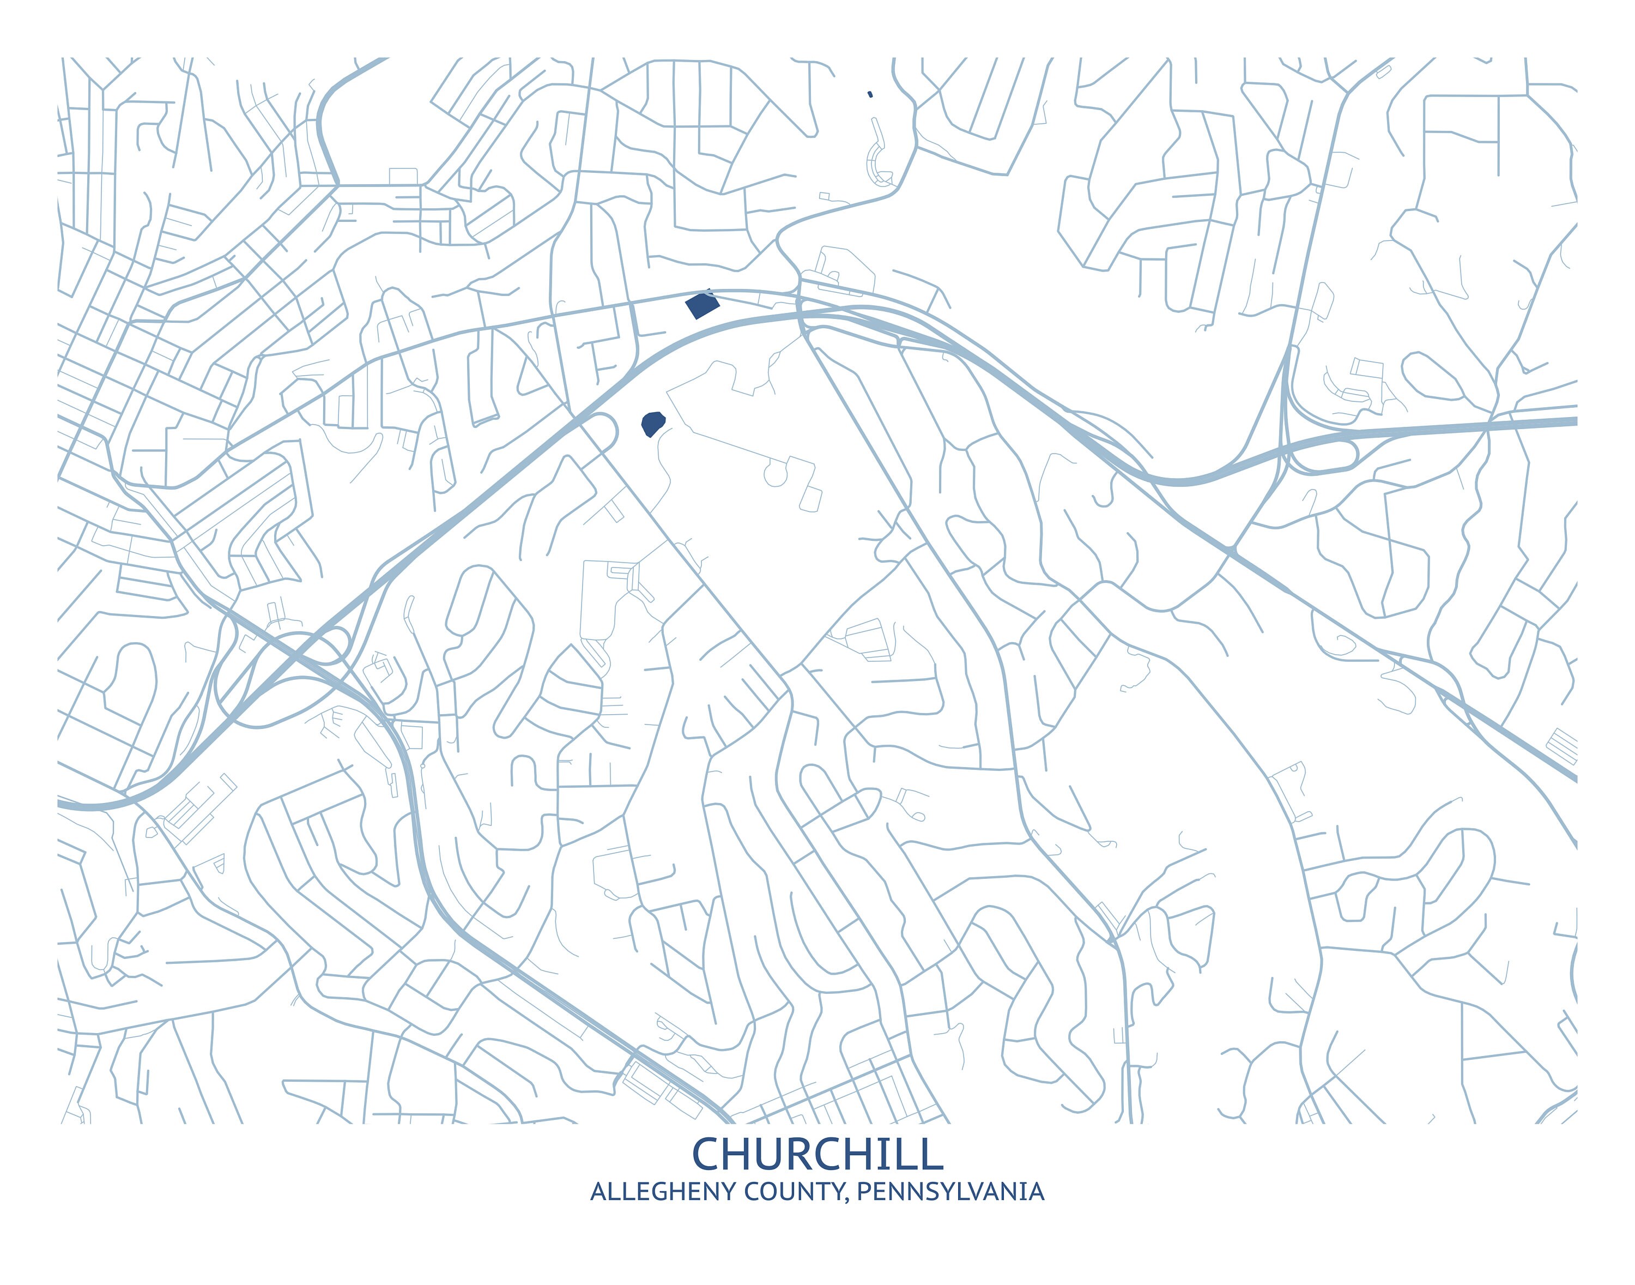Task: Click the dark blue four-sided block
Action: tap(701, 305)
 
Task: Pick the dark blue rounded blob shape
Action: tap(652, 424)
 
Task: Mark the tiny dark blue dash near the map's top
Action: tap(870, 94)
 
